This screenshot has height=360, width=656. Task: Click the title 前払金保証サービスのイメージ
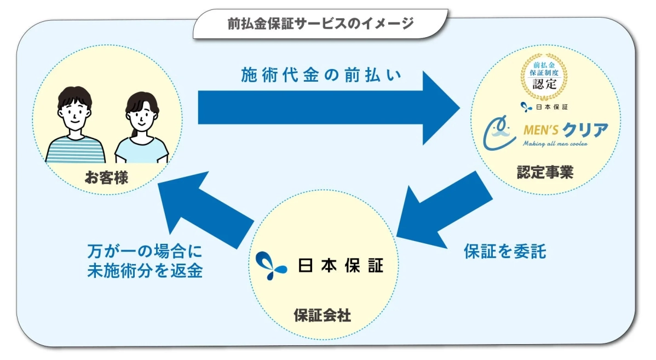point(320,24)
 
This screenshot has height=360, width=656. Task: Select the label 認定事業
point(545,173)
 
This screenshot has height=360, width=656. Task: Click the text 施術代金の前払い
point(322,76)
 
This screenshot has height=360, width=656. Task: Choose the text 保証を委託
point(504,251)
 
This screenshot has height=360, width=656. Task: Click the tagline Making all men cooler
point(555,144)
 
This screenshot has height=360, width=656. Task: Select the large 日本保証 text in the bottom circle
point(341,265)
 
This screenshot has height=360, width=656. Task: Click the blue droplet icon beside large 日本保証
point(271,265)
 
